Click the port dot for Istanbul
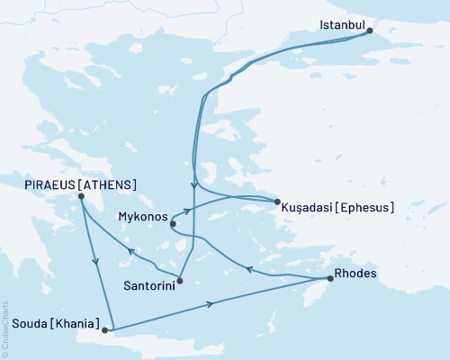(x=369, y=32)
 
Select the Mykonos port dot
(x=172, y=223)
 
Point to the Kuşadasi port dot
(x=276, y=202)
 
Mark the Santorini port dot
(x=180, y=280)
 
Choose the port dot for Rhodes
(x=329, y=279)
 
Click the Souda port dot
(x=105, y=330)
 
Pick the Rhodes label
(x=354, y=273)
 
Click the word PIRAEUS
(x=50, y=184)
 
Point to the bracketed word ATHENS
(x=109, y=184)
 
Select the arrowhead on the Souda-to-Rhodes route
(x=211, y=304)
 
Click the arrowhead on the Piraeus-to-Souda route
(x=96, y=262)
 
